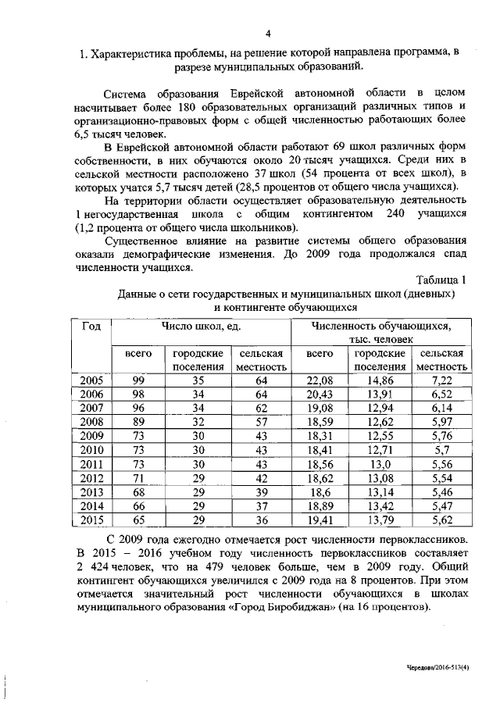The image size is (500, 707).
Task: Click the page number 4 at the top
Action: coord(267,33)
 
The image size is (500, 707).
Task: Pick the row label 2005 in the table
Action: coord(91,380)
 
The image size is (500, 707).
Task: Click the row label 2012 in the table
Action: coord(91,477)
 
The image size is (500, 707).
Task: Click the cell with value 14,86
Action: coord(380,380)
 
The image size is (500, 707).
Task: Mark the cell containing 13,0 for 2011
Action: coord(380,463)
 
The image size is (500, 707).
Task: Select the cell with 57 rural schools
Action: coord(261,422)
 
